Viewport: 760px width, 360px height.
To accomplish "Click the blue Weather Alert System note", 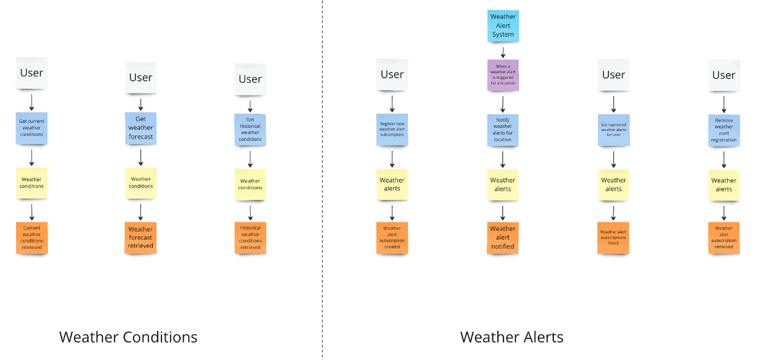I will (503, 25).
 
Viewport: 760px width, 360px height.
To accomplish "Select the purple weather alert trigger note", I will (503, 74).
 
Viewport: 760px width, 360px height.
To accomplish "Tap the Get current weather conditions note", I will (32, 127).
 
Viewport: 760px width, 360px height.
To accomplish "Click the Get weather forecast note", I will (141, 128).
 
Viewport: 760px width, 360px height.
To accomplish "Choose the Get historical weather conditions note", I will (250, 129).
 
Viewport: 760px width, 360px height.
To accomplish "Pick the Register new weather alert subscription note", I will (392, 129).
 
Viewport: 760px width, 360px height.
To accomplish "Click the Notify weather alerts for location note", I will (503, 129).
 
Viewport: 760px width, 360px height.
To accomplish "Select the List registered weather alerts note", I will (613, 129).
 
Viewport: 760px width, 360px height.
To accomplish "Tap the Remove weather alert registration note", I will (724, 129).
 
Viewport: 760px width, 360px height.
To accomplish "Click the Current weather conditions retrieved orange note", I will (32, 238).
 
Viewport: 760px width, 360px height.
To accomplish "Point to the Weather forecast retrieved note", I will (141, 238).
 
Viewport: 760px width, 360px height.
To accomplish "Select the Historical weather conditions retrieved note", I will (250, 238).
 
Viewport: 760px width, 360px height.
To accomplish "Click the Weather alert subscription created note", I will (392, 238).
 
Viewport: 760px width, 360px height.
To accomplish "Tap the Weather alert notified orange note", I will (503, 238).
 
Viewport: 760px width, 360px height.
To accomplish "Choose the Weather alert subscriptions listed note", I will (613, 238).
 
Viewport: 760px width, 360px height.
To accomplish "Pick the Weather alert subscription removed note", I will (724, 238).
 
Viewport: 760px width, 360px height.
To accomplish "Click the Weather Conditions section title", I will (129, 337).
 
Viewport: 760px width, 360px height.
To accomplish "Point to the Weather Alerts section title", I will (512, 337).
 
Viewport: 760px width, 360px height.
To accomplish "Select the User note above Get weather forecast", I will (141, 78).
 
